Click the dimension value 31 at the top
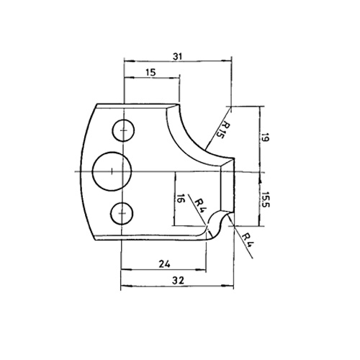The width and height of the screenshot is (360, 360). click(x=178, y=57)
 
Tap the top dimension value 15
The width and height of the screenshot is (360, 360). click(x=150, y=72)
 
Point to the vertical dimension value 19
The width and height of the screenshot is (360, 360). click(x=265, y=138)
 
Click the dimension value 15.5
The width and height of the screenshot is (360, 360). click(x=266, y=199)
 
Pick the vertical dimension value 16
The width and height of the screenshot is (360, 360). click(x=180, y=199)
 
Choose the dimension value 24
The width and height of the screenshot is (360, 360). click(x=165, y=264)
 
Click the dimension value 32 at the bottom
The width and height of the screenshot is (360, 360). click(x=178, y=280)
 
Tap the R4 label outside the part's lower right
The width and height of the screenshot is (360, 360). click(x=247, y=240)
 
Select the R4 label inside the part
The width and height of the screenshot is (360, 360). click(x=200, y=206)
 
